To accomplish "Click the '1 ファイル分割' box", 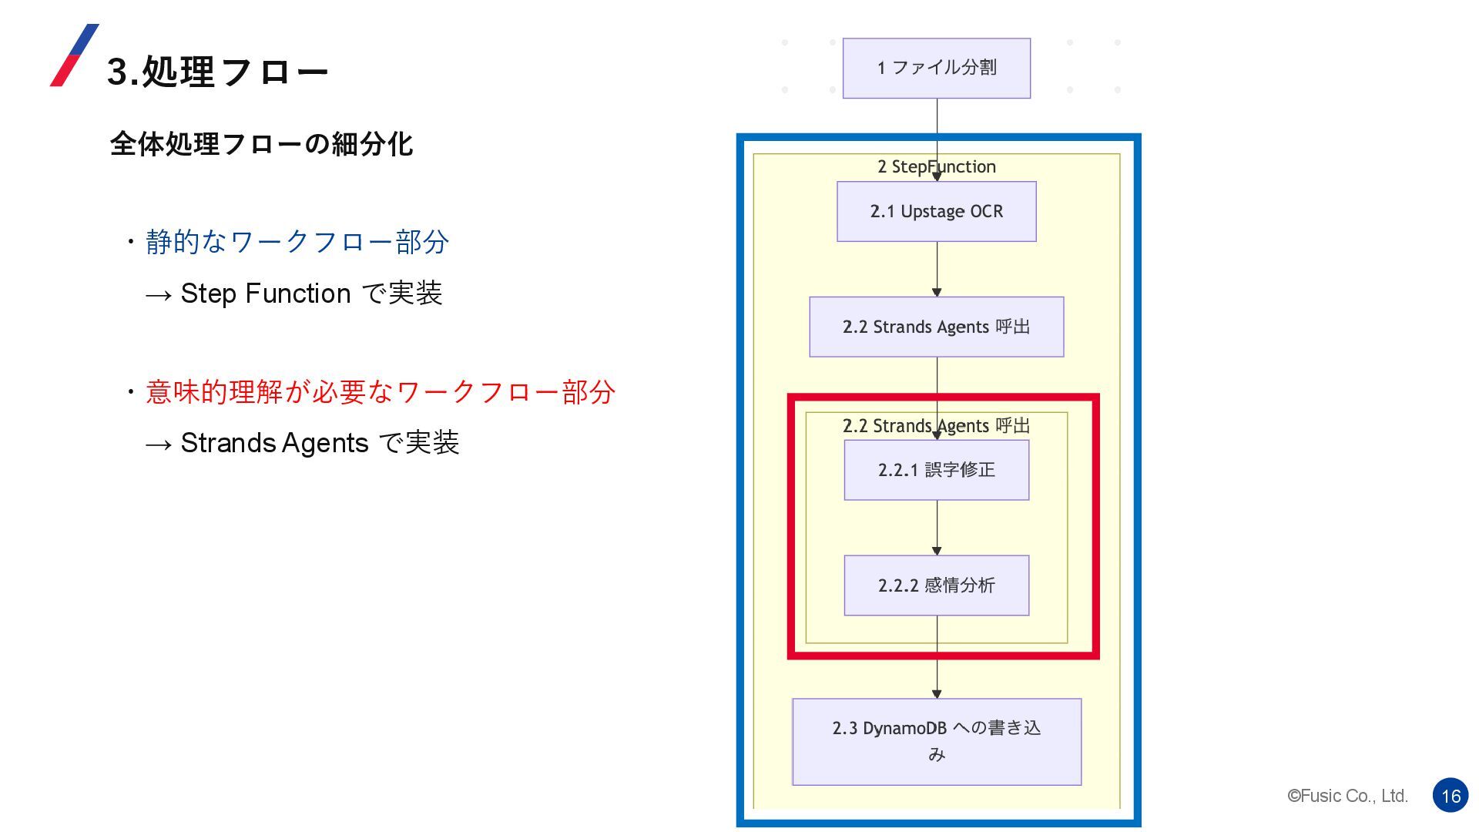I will [936, 68].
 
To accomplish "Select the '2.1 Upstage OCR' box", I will [936, 211].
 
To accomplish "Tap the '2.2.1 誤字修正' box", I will [936, 470].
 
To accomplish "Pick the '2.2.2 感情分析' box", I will [936, 585].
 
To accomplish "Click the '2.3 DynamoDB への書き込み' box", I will [936, 741].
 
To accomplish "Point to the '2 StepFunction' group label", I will [936, 166].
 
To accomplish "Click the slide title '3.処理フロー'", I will [217, 72].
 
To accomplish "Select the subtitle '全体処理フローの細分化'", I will [261, 144].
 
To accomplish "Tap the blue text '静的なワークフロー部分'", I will [297, 242].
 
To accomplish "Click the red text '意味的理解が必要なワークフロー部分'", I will [380, 392].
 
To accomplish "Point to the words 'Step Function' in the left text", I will [265, 294].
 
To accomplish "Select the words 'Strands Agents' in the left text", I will [274, 443].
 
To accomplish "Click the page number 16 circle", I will [1450, 796].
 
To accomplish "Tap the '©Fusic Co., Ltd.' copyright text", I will [1347, 796].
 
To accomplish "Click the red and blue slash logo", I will [74, 55].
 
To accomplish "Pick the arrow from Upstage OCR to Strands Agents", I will [937, 269].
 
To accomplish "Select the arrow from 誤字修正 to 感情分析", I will [937, 528].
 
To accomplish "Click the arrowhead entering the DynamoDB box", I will [937, 694].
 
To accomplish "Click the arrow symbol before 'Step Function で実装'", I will [158, 295].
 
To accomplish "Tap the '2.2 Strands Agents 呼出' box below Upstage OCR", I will [936, 327].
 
